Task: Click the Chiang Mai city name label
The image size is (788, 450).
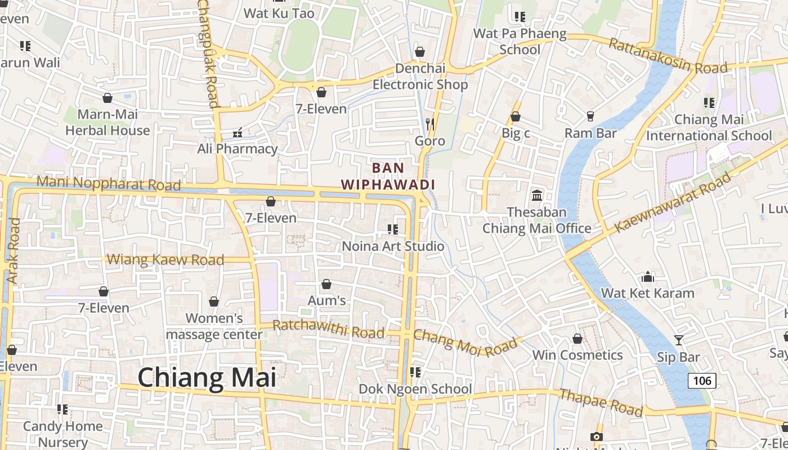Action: [207, 377]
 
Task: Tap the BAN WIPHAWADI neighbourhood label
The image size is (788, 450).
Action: [388, 176]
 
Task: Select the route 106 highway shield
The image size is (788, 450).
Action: [702, 381]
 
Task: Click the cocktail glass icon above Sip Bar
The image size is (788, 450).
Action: [679, 340]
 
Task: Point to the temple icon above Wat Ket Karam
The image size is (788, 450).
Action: [648, 277]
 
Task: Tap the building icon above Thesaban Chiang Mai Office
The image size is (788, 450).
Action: [537, 196]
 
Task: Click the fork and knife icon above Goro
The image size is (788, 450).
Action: [430, 124]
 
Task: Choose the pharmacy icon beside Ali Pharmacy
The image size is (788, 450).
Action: [238, 133]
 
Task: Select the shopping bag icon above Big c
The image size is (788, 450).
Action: [515, 117]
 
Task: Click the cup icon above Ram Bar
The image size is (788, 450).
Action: [590, 116]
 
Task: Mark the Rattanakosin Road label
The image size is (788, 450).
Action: [668, 56]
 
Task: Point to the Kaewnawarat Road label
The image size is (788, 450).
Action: [672, 202]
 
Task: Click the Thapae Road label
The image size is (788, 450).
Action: [600, 403]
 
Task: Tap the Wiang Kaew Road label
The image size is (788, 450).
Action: [165, 260]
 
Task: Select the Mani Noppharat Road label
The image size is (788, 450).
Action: [109, 183]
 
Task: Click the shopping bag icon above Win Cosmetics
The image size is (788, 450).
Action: [577, 339]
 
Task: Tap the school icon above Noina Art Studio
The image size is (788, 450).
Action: [393, 229]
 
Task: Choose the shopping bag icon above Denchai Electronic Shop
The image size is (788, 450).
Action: [419, 52]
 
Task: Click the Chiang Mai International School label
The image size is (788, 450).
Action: [709, 128]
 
